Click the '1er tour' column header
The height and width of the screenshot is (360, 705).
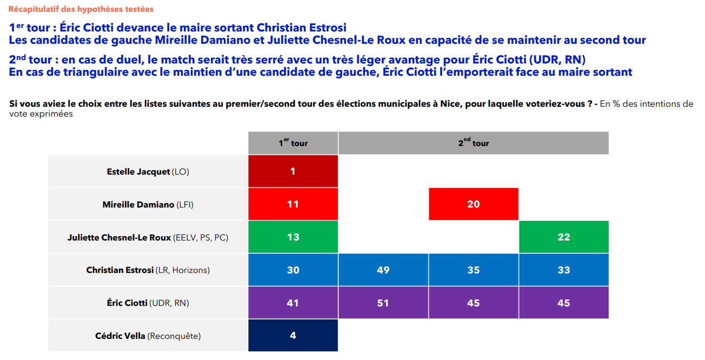point(293,143)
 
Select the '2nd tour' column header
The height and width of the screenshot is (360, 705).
point(473,143)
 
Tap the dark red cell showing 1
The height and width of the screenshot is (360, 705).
point(293,171)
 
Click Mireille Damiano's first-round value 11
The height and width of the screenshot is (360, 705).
point(293,204)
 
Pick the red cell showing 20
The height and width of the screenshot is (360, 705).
point(473,204)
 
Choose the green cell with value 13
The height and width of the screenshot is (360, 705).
point(293,237)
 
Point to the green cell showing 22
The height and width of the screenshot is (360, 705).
point(564,237)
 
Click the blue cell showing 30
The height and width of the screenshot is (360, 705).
point(293,270)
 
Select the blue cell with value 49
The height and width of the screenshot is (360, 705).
point(383,270)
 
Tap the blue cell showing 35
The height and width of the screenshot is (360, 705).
point(473,270)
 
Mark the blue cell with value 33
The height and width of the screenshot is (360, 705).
point(564,270)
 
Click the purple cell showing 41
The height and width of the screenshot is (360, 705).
point(293,303)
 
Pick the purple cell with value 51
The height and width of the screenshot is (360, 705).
point(383,303)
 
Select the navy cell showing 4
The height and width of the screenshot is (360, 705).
point(293,336)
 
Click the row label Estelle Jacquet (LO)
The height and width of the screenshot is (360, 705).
point(148,172)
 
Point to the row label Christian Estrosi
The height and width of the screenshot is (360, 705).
point(148,270)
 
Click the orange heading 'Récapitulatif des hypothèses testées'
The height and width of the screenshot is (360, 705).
point(81,9)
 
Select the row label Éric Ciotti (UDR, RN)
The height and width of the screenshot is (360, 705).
point(148,303)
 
